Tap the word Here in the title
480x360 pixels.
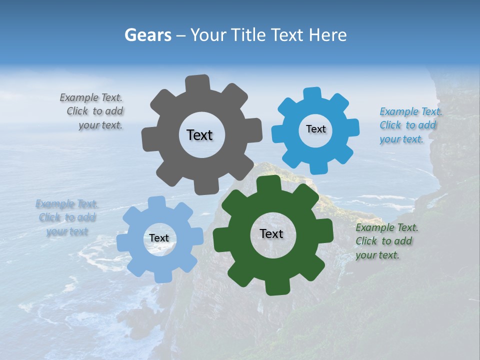coord(327,35)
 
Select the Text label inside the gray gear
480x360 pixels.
coord(199,135)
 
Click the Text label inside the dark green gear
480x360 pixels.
coord(271,233)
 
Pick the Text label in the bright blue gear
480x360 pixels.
coord(315,129)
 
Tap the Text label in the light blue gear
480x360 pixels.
coord(159,238)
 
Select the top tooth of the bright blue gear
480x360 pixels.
coord(312,93)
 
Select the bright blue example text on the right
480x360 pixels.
coord(410,125)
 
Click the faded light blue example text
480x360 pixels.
coord(67,217)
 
